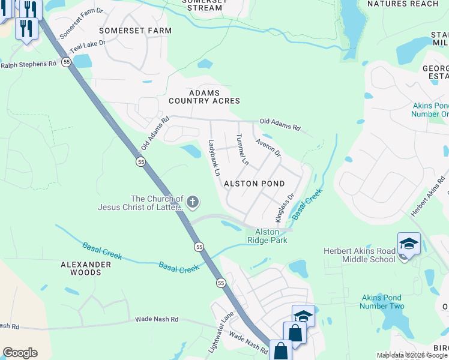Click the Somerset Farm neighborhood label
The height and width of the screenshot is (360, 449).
[135, 30]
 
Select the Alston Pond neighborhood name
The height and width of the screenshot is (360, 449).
[254, 183]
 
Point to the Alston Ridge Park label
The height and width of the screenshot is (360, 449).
[267, 236]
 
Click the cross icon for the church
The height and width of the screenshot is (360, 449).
[193, 202]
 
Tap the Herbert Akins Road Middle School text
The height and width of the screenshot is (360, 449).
[359, 255]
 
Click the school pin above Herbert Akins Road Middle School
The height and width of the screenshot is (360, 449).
[409, 244]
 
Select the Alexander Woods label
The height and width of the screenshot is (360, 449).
[86, 268]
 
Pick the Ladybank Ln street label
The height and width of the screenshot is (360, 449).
[214, 157]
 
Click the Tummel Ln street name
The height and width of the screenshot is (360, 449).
[242, 150]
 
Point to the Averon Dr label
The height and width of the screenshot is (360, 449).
[268, 148]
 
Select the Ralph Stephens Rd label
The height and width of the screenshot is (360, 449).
[28, 64]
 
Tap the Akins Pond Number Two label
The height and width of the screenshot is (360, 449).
[382, 302]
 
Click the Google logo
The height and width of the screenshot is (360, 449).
[20, 353]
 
